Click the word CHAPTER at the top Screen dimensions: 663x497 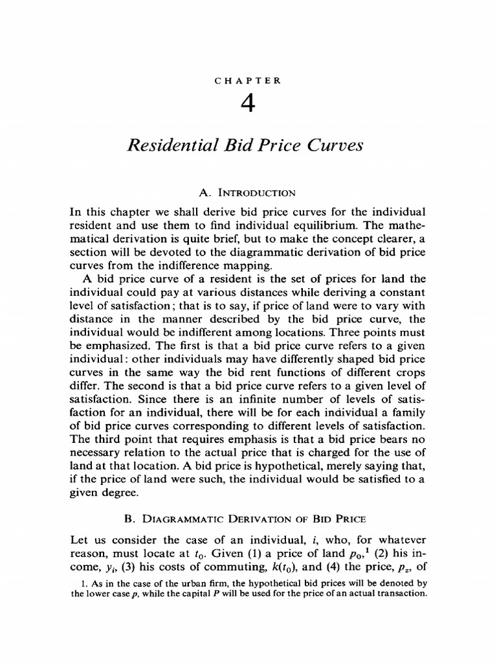click(248, 81)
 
